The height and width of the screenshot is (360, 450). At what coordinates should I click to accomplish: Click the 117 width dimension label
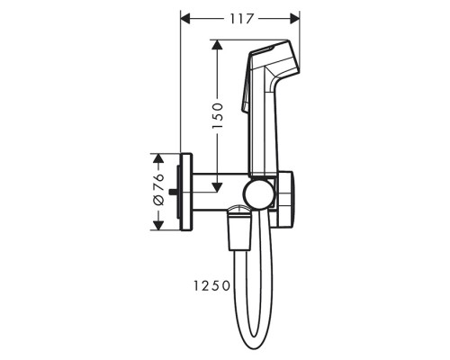(x=242, y=20)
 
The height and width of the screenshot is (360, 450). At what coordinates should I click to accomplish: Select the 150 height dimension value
(x=218, y=116)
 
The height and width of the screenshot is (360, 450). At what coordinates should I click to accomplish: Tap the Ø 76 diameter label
(x=158, y=189)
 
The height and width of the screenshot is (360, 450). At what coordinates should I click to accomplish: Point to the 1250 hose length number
(x=211, y=285)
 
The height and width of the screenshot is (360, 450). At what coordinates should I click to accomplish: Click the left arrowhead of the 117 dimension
(x=186, y=19)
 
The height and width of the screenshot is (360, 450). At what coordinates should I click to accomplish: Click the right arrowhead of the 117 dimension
(x=294, y=19)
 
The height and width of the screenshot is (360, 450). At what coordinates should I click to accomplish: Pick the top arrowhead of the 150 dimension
(x=217, y=45)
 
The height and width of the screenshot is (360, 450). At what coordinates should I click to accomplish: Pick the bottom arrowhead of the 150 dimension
(x=217, y=187)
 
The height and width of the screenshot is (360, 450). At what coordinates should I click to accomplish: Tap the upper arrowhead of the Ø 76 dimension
(x=158, y=158)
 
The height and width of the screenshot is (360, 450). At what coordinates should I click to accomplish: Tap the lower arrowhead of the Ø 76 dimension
(x=158, y=225)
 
